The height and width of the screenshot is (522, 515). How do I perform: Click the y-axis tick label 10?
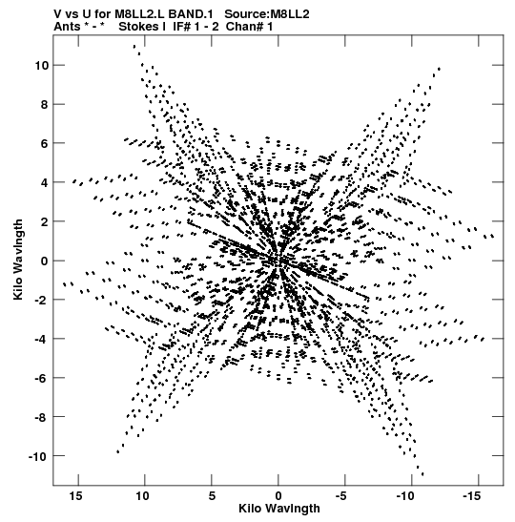pos(42,66)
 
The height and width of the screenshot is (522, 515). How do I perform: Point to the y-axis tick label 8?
pos(45,105)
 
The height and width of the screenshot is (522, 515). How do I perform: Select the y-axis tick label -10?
pos(38,456)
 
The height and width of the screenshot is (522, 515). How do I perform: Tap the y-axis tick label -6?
pos(42,378)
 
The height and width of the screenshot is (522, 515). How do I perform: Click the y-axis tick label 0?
pos(45,261)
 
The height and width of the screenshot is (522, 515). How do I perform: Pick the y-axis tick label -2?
pos(42,300)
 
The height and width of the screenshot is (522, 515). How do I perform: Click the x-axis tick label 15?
pos(75,496)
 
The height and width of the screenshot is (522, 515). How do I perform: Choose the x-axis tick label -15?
pos(472,496)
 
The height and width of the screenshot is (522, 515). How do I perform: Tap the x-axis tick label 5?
pos(212,496)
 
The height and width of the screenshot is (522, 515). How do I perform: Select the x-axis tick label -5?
pos(341,496)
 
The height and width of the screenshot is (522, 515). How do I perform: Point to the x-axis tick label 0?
pos(278,496)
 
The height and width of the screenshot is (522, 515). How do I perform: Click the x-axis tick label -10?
pos(405,496)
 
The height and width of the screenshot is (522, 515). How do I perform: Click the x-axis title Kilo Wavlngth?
pos(279,509)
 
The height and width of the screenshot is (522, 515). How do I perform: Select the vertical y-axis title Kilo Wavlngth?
pos(18,260)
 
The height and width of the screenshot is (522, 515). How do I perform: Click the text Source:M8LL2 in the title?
pos(267,14)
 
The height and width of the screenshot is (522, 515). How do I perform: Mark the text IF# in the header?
pos(181,27)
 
